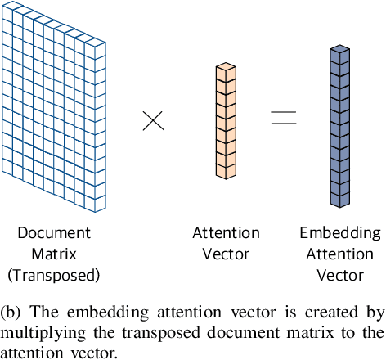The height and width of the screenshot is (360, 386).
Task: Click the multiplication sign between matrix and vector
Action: coord(153,121)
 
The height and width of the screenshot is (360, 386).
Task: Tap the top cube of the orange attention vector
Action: coord(227,72)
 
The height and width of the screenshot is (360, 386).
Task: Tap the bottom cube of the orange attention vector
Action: coord(227,170)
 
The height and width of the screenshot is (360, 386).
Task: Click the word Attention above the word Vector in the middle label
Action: coord(227,233)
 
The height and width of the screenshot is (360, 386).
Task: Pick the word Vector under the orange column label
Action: coord(227,254)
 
